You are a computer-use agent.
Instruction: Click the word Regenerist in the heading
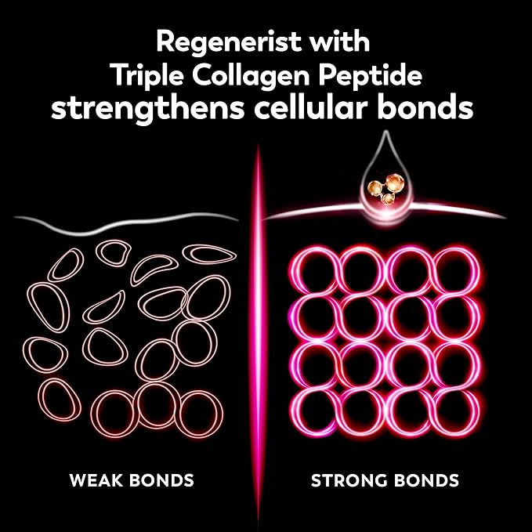pyautogui.click(x=224, y=42)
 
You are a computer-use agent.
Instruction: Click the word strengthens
pyautogui.click(x=147, y=109)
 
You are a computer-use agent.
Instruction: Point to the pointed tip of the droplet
pyautogui.click(x=385, y=132)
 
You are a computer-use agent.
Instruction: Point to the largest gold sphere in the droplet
pyautogui.click(x=395, y=183)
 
